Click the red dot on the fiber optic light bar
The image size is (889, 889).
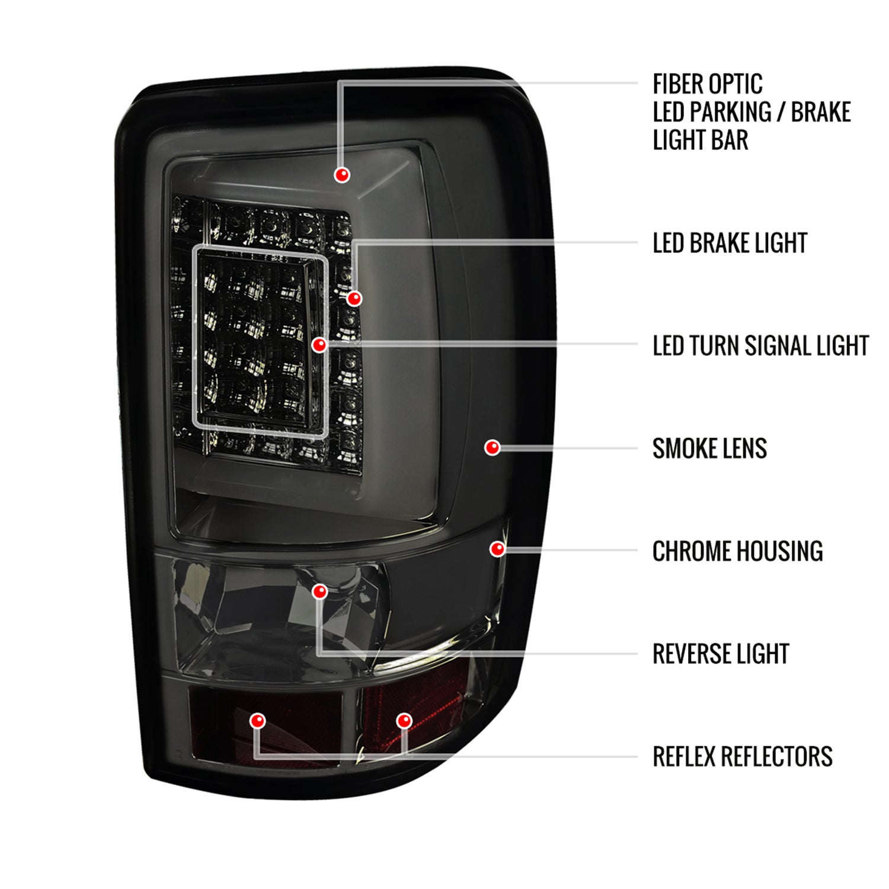(342, 175)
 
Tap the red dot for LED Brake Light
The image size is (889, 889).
(354, 298)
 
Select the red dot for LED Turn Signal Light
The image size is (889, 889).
(319, 344)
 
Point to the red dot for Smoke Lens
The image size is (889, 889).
(492, 447)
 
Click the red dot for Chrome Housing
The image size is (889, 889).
(498, 549)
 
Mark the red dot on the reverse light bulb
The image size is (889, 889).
(320, 591)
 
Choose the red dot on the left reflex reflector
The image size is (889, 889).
(257, 721)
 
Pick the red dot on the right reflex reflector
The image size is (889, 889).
(404, 721)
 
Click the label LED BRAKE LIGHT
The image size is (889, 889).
(730, 243)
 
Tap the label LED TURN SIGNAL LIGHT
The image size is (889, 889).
(760, 346)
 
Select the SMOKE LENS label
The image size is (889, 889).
(709, 449)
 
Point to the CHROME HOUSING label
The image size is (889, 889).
(737, 551)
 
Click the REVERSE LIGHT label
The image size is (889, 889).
(721, 654)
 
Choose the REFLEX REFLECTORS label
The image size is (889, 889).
(742, 757)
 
